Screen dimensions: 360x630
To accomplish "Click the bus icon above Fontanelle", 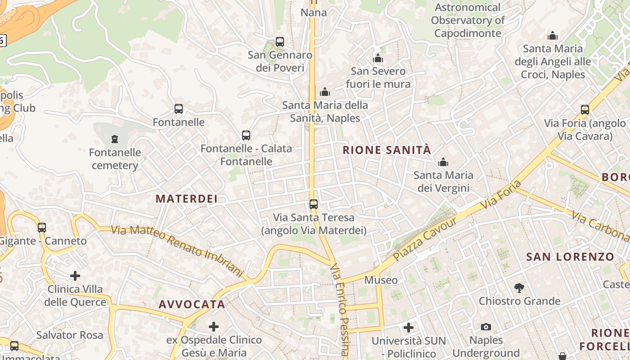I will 179,109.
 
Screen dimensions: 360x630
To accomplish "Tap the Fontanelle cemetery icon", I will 115,139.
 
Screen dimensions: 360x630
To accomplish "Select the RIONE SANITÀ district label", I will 387,150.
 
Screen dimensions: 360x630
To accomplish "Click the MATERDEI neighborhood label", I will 187,198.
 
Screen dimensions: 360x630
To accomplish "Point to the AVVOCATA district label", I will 192,305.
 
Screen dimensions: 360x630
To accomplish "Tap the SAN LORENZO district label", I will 570,257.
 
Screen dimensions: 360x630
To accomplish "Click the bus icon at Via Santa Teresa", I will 314,204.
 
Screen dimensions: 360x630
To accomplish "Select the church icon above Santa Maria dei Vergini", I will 443,162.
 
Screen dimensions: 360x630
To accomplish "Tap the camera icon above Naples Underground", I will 486,327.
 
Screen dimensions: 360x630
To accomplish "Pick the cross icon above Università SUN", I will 409,328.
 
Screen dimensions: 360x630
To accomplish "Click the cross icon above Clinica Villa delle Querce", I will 75,275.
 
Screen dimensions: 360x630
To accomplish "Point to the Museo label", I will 381,280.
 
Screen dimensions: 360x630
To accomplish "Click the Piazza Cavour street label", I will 425,239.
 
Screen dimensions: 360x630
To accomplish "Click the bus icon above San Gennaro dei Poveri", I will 280,42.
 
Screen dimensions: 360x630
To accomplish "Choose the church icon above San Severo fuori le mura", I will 378,58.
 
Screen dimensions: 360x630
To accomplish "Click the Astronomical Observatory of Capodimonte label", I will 468,20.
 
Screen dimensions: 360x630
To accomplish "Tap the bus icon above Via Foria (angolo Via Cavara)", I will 585,109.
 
